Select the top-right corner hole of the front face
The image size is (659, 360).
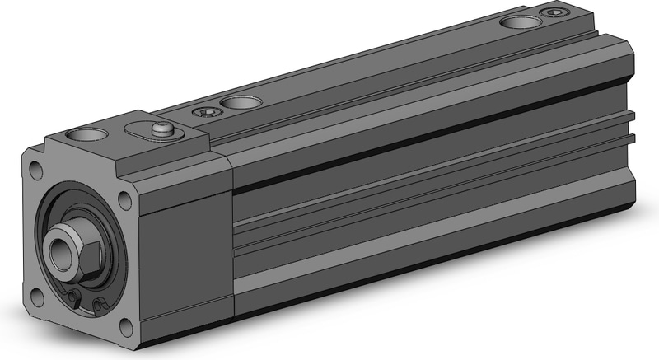tap(125, 199)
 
